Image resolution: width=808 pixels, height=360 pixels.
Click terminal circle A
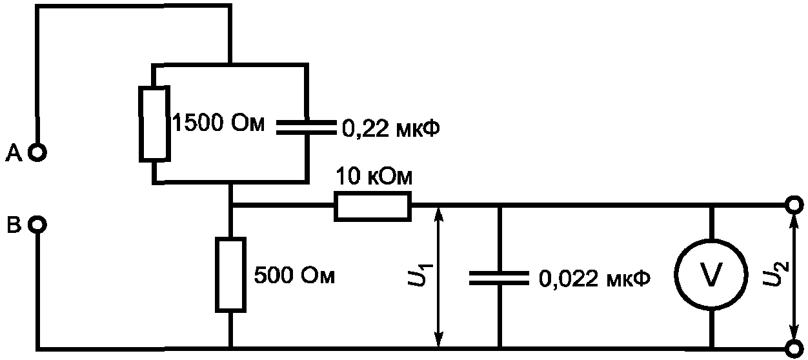tap(37, 153)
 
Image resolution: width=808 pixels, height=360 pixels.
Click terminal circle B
tap(37, 225)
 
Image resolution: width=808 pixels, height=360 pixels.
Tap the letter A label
tap(14, 153)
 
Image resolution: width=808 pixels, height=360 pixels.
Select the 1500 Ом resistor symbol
tap(155, 124)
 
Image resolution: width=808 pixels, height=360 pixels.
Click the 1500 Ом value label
tap(219, 123)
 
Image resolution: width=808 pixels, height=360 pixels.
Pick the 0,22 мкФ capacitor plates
tap(307, 127)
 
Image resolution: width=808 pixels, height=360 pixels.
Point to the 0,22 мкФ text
tap(391, 129)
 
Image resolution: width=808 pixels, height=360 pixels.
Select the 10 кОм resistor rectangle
tap(372, 206)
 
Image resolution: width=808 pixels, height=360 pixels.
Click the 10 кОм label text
tap(374, 176)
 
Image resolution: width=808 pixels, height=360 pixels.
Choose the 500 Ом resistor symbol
tap(231, 274)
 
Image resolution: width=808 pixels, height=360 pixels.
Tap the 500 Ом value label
tap(294, 276)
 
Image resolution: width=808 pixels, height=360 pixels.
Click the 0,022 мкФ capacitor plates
tap(500, 278)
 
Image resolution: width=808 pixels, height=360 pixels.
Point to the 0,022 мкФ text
tap(595, 279)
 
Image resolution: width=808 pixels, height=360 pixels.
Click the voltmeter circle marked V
tap(711, 275)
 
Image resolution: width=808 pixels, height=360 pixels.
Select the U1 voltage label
tap(419, 275)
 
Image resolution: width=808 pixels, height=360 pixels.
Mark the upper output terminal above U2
tap(794, 205)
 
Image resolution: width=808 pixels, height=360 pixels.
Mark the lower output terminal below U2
tap(794, 349)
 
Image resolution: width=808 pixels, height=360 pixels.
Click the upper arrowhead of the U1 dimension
tap(438, 215)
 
